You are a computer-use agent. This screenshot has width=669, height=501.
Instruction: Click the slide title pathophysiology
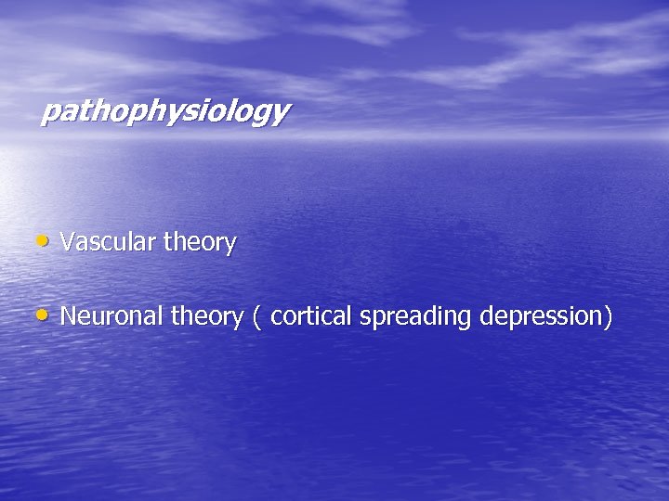pyautogui.click(x=164, y=112)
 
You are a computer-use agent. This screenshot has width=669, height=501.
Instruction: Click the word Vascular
pyautogui.click(x=108, y=243)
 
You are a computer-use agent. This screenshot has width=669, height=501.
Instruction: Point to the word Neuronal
pyautogui.click(x=111, y=316)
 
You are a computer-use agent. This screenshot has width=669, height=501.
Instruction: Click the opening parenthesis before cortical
pyautogui.click(x=256, y=317)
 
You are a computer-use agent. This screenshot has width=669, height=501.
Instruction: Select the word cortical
pyautogui.click(x=312, y=316)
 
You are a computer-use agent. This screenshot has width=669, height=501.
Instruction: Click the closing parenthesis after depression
pyautogui.click(x=609, y=317)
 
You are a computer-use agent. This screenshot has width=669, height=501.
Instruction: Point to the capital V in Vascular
pyautogui.click(x=67, y=243)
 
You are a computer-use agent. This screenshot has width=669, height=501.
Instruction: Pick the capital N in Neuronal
pyautogui.click(x=68, y=316)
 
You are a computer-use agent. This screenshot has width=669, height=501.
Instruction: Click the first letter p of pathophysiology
pyautogui.click(x=50, y=114)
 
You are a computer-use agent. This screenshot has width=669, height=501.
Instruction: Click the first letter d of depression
pyautogui.click(x=488, y=316)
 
